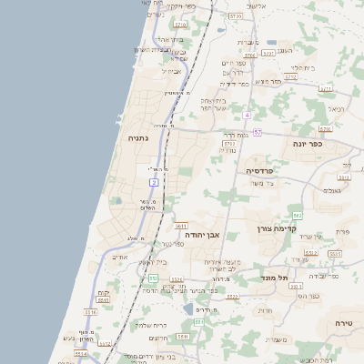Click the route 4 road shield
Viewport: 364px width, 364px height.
(246, 116)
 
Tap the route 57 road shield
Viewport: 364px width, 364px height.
(258, 132)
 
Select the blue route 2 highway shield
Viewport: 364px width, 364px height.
(154, 182)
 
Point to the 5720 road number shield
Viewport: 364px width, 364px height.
(236, 16)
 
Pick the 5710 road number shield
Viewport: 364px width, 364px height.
(181, 25)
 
